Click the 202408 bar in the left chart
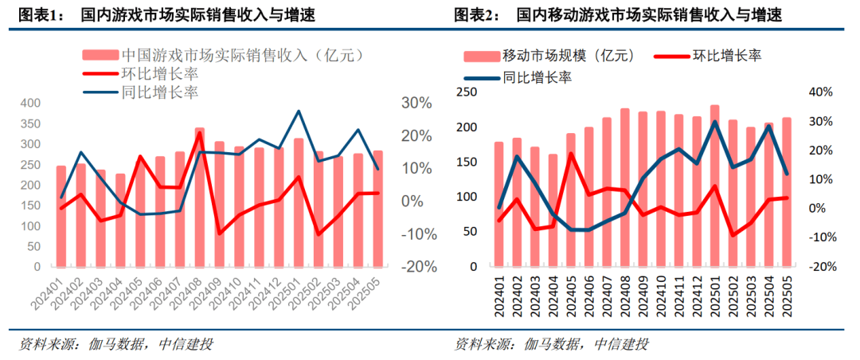[200, 199]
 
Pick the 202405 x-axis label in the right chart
[571, 295]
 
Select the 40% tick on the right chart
[819, 92]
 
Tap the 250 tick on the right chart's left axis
[467, 92]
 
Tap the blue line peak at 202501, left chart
[299, 111]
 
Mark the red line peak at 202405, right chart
[571, 153]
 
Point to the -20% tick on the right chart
[819, 266]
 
